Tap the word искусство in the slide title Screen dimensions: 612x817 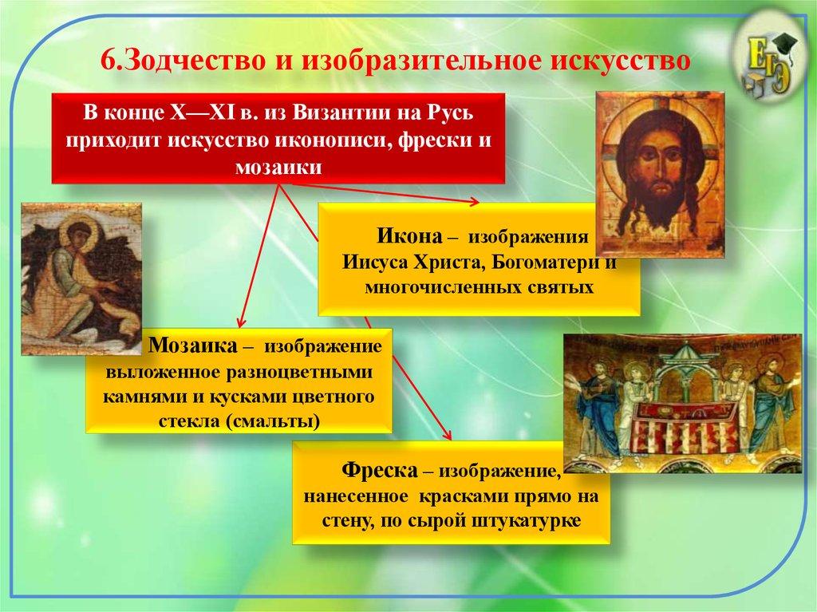(x=615, y=60)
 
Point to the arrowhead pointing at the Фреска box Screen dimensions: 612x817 (x=448, y=435)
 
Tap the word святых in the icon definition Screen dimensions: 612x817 (x=567, y=286)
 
